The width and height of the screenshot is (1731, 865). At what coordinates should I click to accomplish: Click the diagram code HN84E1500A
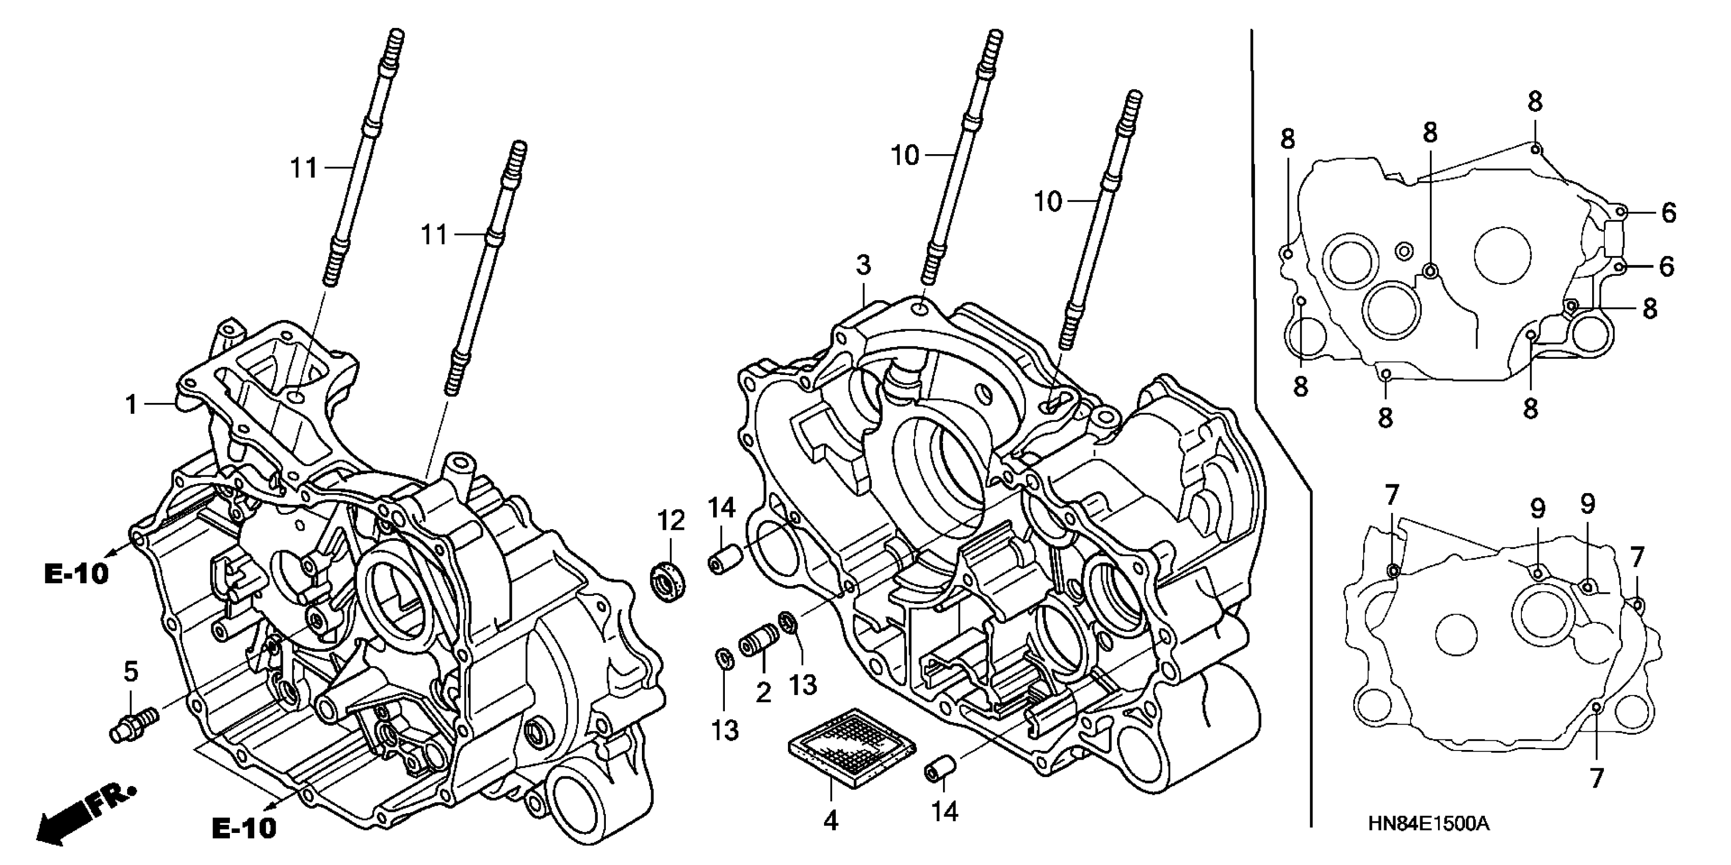point(1429,824)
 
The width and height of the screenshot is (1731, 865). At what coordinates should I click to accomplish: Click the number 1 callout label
point(132,406)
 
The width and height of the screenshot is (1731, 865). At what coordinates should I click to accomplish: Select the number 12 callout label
point(670,521)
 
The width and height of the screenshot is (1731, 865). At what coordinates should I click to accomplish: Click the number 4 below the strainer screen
point(831,821)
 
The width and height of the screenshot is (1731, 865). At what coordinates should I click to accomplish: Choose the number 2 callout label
point(764,693)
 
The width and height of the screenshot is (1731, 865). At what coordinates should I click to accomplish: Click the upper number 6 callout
point(1669,213)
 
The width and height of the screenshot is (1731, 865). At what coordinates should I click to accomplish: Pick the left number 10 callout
point(904,156)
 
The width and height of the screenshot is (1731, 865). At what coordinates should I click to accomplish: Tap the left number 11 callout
point(304,167)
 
